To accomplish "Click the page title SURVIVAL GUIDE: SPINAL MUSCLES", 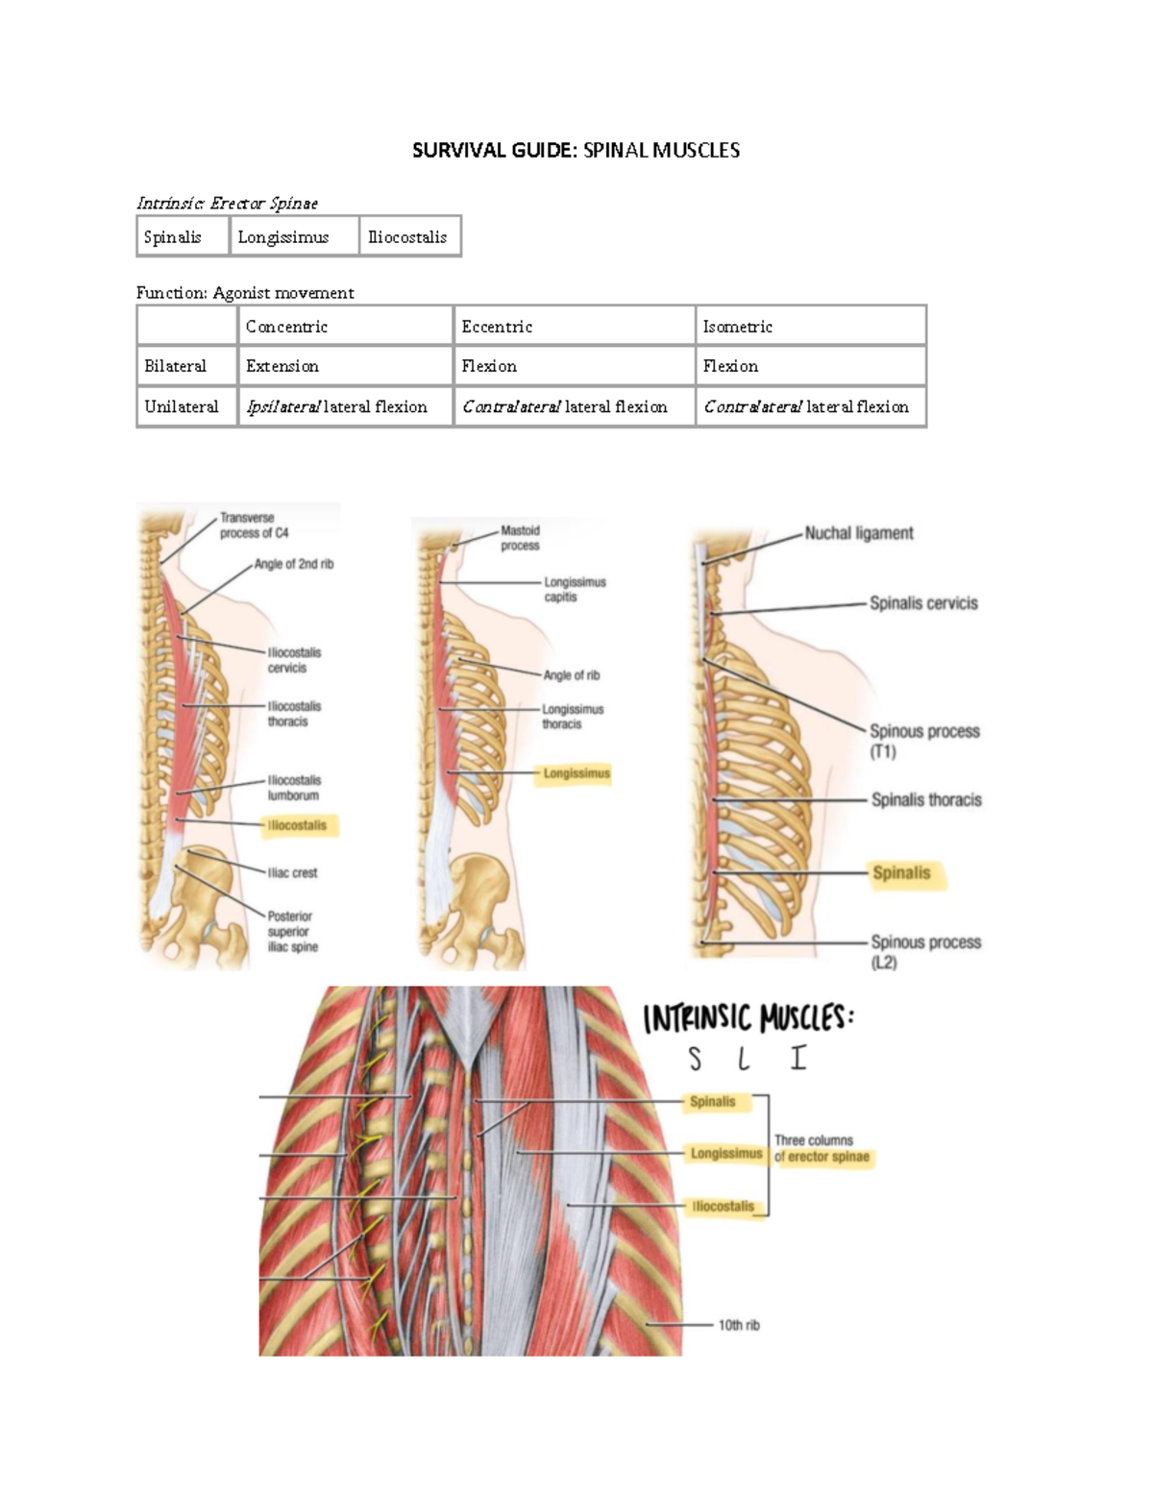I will (576, 150).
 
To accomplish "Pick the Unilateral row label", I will (182, 406).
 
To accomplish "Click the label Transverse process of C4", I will (254, 526).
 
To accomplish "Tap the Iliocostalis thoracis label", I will (294, 714).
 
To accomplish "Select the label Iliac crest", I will (292, 872).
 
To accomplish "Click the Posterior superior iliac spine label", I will (292, 931).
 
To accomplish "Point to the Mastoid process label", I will (520, 538).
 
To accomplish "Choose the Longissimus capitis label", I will (575, 589).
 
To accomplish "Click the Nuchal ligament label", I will (858, 533).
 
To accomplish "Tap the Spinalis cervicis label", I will (923, 603).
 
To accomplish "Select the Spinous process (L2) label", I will (925, 951).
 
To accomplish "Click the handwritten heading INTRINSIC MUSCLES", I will (748, 1018).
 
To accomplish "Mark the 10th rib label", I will (739, 1325).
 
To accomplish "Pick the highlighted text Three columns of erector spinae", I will (822, 1149).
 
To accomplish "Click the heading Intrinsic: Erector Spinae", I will (227, 203).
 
